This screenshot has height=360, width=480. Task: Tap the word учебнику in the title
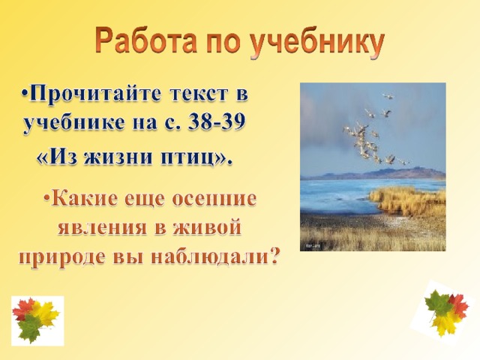[x=317, y=43]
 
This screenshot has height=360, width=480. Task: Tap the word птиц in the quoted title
[x=192, y=158]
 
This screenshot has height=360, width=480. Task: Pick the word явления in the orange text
[x=102, y=228]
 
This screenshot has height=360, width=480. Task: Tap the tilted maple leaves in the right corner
[x=445, y=312]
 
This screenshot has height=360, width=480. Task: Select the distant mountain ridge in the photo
[x=373, y=174]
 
